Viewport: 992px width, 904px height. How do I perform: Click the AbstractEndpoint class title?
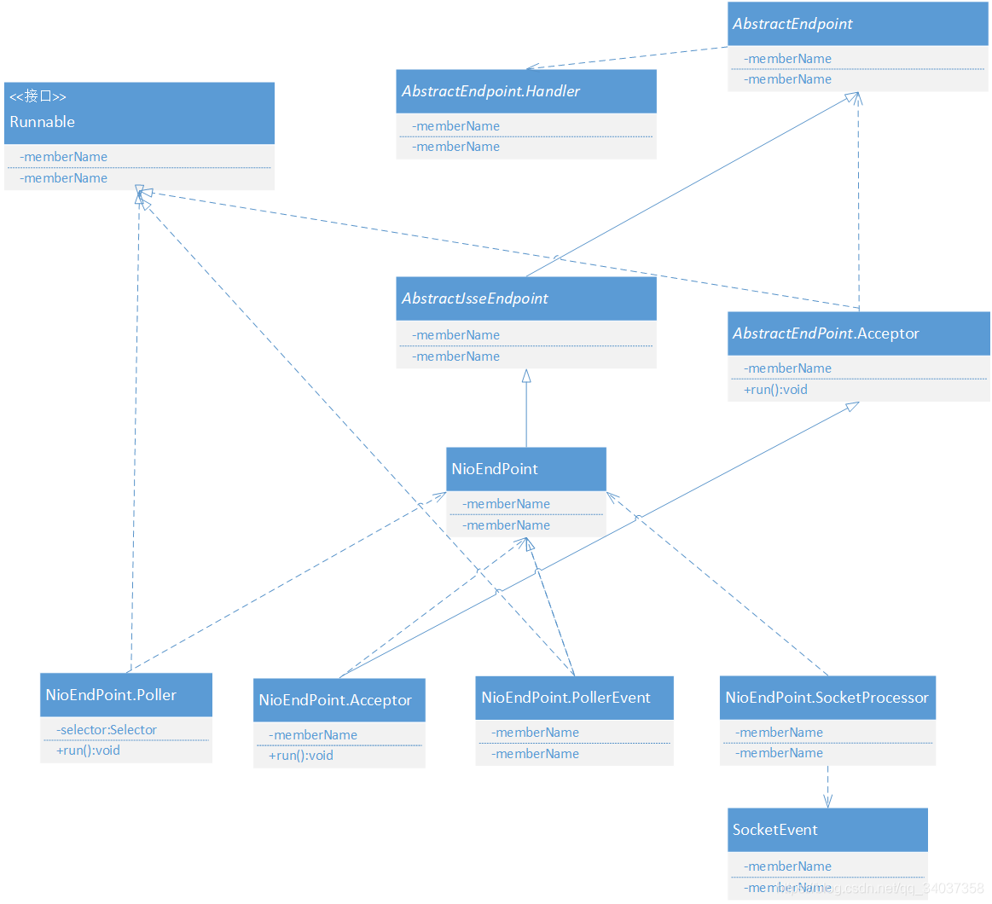pos(792,24)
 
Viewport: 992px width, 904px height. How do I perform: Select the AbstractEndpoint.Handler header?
pos(490,91)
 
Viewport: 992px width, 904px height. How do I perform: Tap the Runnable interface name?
pos(43,122)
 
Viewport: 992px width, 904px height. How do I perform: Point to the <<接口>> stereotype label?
pos(38,96)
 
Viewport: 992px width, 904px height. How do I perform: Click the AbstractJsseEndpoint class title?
pos(474,298)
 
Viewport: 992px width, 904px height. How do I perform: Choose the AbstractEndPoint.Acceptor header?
pos(826,333)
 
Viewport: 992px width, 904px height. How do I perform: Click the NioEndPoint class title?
pos(495,469)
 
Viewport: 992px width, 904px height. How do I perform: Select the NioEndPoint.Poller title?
pos(111,695)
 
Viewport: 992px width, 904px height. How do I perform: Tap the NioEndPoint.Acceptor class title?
pos(335,700)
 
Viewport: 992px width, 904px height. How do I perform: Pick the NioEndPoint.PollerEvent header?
pos(566,698)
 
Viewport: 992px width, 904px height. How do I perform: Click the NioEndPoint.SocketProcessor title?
pos(827,698)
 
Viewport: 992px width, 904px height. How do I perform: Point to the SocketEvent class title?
pos(774,830)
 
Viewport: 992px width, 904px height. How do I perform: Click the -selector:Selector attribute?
pos(107,730)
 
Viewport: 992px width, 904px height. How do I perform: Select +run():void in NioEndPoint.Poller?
pos(89,750)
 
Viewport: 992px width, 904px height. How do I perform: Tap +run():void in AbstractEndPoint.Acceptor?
pos(775,390)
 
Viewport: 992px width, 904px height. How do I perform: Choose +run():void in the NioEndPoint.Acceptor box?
pos(301,756)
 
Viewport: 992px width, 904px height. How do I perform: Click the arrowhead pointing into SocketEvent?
pos(827,802)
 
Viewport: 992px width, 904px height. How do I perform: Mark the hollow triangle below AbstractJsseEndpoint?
pos(526,375)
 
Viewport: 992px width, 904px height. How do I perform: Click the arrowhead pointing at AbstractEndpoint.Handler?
pos(531,67)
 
